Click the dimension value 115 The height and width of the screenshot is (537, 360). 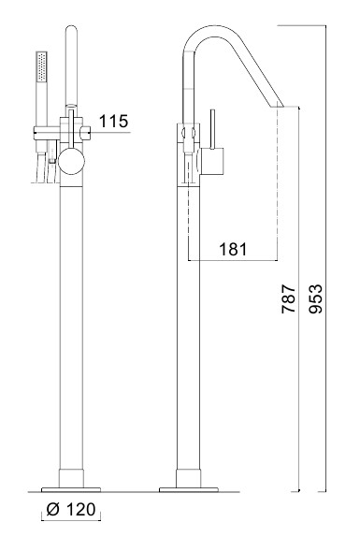pos(114,121)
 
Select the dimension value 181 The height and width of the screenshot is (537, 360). pos(233,249)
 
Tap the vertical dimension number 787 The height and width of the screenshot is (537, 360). pos(288,298)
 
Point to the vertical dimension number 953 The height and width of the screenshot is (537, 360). pos(315,298)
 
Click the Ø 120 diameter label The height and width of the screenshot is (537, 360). pos(71,509)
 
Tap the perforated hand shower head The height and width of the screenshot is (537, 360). pos(41,66)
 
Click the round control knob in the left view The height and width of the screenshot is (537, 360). pos(71,161)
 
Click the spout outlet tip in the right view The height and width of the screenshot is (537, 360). pos(278,107)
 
